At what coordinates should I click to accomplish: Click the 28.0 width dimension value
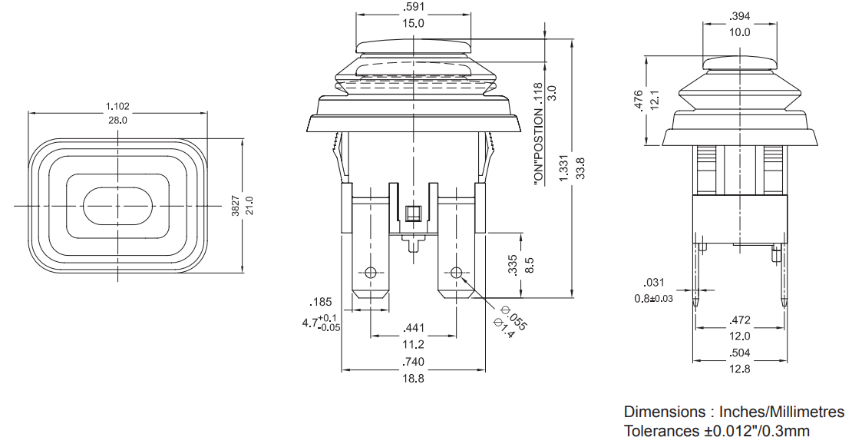click(117, 121)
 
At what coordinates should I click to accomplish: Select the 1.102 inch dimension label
click(117, 107)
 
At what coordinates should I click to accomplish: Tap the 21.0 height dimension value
click(249, 206)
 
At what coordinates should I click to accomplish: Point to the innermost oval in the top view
click(117, 206)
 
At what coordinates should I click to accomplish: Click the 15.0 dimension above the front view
click(413, 23)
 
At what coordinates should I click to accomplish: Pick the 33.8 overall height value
click(580, 169)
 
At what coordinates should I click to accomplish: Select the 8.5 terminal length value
click(530, 265)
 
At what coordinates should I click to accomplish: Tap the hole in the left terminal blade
click(371, 272)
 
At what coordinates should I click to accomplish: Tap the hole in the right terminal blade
click(456, 272)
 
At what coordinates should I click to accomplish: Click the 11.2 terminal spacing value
click(413, 344)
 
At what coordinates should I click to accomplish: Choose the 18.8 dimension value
click(413, 378)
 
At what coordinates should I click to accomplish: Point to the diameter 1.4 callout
click(504, 327)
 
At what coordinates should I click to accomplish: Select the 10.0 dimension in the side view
click(739, 32)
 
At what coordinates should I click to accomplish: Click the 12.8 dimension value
click(739, 369)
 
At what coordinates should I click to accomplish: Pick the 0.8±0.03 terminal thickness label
click(654, 299)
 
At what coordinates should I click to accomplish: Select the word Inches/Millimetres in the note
click(782, 412)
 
